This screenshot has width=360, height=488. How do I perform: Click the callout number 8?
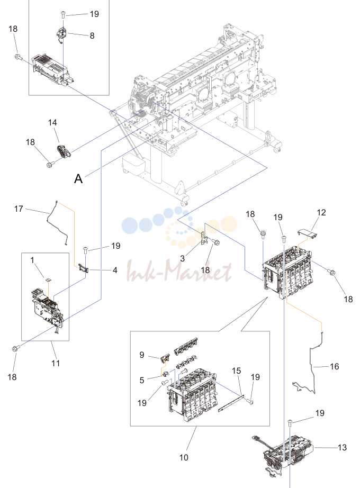92,36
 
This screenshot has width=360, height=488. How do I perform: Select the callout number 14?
52,123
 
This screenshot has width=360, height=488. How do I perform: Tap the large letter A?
78,179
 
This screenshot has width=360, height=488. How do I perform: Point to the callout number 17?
19,209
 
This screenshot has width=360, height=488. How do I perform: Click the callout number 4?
115,270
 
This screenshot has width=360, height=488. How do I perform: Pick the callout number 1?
32,260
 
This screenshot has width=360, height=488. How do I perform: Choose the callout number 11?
56,363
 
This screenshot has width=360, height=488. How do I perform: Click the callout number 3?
183,259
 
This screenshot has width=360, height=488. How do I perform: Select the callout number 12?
321,213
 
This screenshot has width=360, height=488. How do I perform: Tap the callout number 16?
335,367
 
